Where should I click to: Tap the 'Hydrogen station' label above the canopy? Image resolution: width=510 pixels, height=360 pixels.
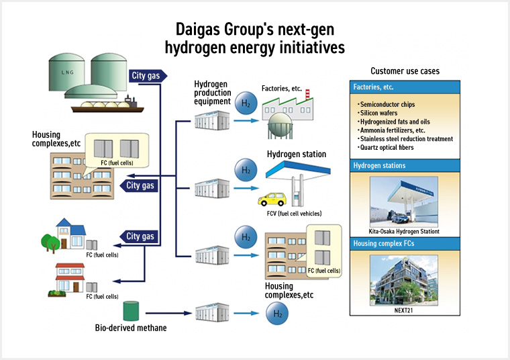[297, 154]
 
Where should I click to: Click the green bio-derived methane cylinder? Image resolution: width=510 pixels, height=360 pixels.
[131, 311]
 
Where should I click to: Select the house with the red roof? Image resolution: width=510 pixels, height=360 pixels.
[72, 277]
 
